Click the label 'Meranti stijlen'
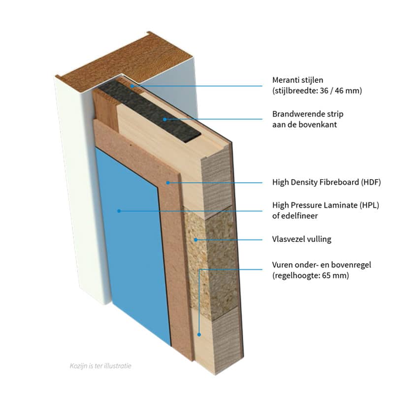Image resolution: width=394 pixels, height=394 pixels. (x=297, y=80)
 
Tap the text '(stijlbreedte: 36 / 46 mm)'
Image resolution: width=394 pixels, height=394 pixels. (x=317, y=91)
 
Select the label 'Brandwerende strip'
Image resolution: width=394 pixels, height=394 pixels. (x=307, y=114)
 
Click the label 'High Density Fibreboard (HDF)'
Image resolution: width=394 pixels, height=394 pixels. (x=327, y=182)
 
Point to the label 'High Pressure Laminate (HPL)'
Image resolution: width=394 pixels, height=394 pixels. (x=328, y=204)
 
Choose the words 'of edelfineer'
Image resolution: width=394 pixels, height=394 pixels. (x=295, y=215)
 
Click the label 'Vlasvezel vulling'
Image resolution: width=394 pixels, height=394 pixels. (x=301, y=239)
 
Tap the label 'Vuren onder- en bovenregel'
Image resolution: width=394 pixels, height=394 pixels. (x=322, y=265)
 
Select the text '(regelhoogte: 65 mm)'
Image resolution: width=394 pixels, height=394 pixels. (x=310, y=276)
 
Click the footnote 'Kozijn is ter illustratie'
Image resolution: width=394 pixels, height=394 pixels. (x=100, y=366)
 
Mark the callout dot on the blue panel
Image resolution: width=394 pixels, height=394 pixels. (x=119, y=211)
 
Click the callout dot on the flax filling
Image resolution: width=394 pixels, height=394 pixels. (x=196, y=239)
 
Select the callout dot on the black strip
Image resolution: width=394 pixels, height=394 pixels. (x=165, y=119)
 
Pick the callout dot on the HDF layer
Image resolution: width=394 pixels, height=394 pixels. (x=168, y=182)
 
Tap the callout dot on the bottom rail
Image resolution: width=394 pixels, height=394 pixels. (x=199, y=334)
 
